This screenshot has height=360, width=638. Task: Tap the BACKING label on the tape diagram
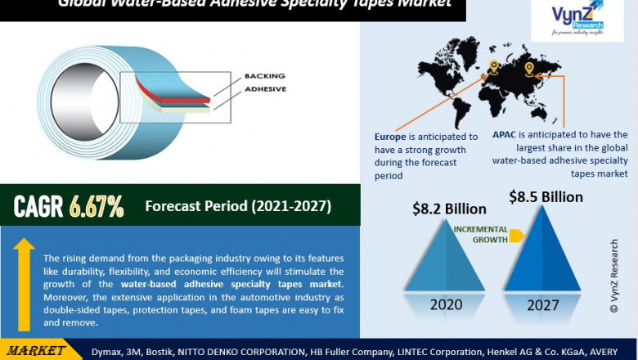[x=264, y=76]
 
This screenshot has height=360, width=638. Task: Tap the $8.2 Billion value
[x=450, y=209]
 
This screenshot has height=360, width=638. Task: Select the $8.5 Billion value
[x=546, y=197]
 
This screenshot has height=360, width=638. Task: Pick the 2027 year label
[x=543, y=305]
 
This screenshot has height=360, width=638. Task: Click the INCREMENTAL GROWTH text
[x=480, y=235]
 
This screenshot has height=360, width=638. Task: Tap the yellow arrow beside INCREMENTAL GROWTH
[x=516, y=236]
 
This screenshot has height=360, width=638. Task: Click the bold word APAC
[x=508, y=135]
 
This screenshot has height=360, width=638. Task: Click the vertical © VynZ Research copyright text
[x=615, y=277]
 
